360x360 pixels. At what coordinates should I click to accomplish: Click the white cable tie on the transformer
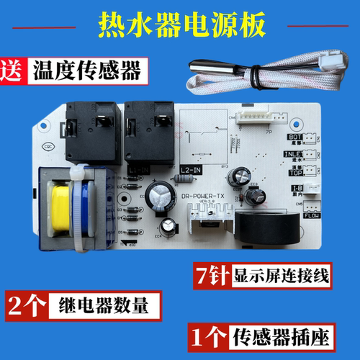(x=74, y=209)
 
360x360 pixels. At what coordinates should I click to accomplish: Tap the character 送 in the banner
(x=14, y=71)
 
